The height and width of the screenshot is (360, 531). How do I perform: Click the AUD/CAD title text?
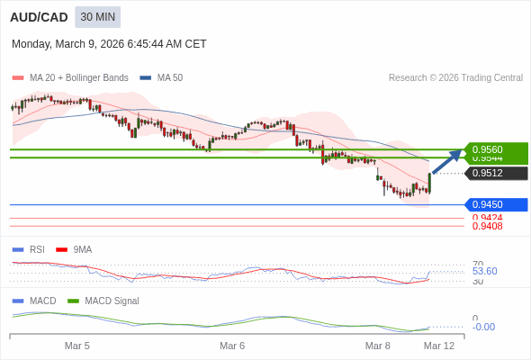click(39, 17)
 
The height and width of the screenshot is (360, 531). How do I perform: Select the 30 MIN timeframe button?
click(97, 17)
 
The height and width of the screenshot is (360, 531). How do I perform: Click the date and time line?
click(109, 43)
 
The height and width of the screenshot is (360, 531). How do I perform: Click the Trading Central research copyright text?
click(455, 77)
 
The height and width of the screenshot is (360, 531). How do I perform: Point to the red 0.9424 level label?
click(487, 218)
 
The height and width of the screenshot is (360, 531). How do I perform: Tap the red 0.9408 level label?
click(487, 226)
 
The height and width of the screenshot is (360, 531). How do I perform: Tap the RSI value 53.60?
click(484, 271)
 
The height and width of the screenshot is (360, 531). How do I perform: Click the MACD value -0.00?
click(483, 327)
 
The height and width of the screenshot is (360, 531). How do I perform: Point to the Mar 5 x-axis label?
click(77, 346)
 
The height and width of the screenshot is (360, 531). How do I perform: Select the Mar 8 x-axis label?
click(377, 346)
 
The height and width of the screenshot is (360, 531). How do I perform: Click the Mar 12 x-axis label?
click(439, 346)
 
